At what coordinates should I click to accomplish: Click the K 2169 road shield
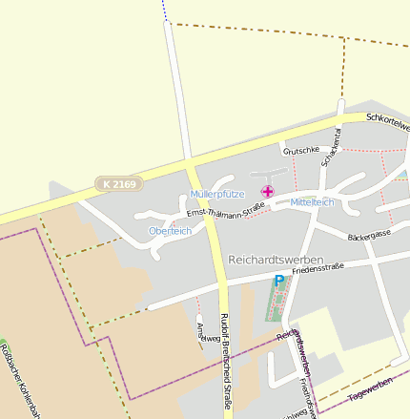(x=115, y=181)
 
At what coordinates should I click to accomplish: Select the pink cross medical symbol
(x=267, y=192)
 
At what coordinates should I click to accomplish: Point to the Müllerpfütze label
(x=216, y=194)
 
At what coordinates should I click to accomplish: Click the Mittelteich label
(x=312, y=202)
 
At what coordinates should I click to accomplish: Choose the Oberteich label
(x=170, y=231)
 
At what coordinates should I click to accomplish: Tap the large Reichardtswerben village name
(x=276, y=260)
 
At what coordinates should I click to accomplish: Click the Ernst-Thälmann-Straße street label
(x=225, y=208)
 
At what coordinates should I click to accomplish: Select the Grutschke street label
(x=300, y=150)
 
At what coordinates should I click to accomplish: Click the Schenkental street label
(x=331, y=147)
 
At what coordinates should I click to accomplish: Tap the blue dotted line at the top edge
(x=164, y=10)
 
